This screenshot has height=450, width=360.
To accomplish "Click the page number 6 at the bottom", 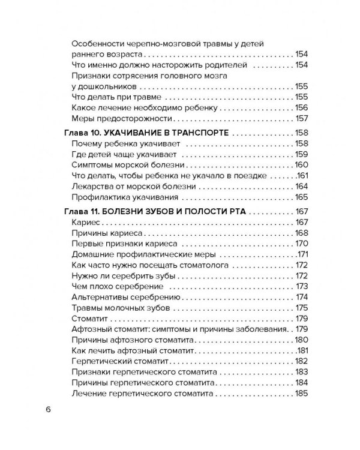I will click(x=47, y=410).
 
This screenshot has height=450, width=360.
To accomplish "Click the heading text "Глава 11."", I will click(x=82, y=212).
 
